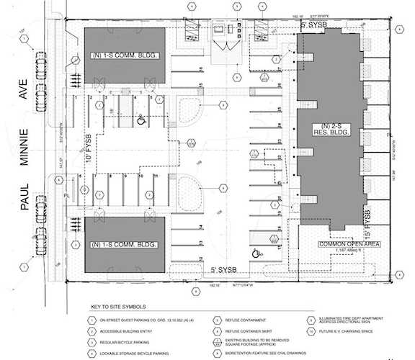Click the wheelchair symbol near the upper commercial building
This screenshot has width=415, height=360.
point(142,121)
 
